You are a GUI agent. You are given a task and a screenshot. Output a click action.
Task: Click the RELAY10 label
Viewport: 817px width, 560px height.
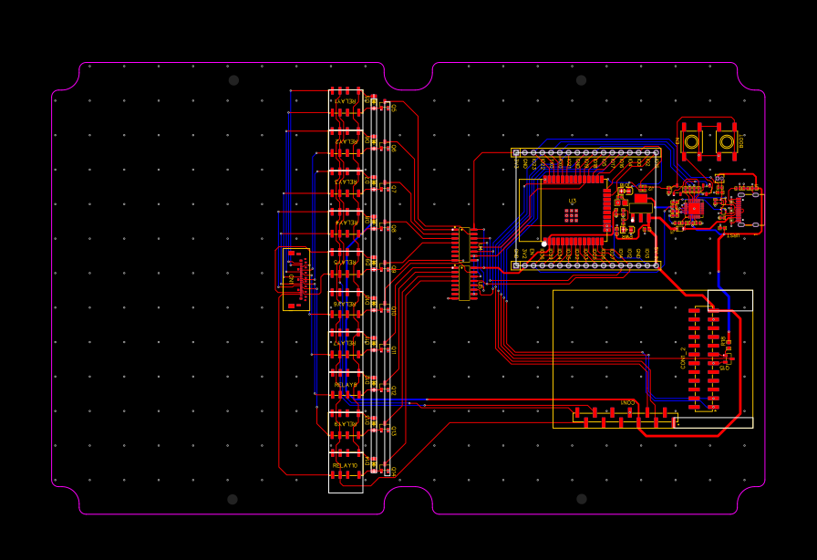(x=346, y=465)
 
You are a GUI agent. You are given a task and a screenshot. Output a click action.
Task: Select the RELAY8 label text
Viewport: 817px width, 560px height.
(x=346, y=385)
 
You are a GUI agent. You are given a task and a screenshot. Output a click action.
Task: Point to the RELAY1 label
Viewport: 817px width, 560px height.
(x=346, y=101)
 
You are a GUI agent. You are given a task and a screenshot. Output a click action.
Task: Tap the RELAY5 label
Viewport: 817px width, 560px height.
(x=346, y=262)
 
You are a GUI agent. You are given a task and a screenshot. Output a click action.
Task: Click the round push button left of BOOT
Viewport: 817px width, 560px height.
(x=691, y=141)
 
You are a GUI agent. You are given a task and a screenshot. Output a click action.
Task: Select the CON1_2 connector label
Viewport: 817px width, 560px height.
(x=682, y=357)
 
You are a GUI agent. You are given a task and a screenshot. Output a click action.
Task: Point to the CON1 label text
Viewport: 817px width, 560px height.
(x=628, y=402)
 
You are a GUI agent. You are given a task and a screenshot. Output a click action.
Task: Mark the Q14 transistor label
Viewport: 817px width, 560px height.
(x=394, y=471)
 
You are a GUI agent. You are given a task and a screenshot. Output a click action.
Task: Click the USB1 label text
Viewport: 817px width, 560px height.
(x=732, y=234)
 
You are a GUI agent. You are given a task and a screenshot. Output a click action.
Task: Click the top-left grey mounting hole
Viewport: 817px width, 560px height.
(x=233, y=80)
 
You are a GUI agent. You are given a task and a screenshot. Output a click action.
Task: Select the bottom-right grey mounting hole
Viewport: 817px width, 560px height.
(x=581, y=499)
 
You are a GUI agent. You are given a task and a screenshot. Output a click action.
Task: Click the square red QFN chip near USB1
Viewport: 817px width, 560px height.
(x=694, y=208)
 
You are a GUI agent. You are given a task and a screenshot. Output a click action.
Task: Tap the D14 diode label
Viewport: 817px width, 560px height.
(x=368, y=463)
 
